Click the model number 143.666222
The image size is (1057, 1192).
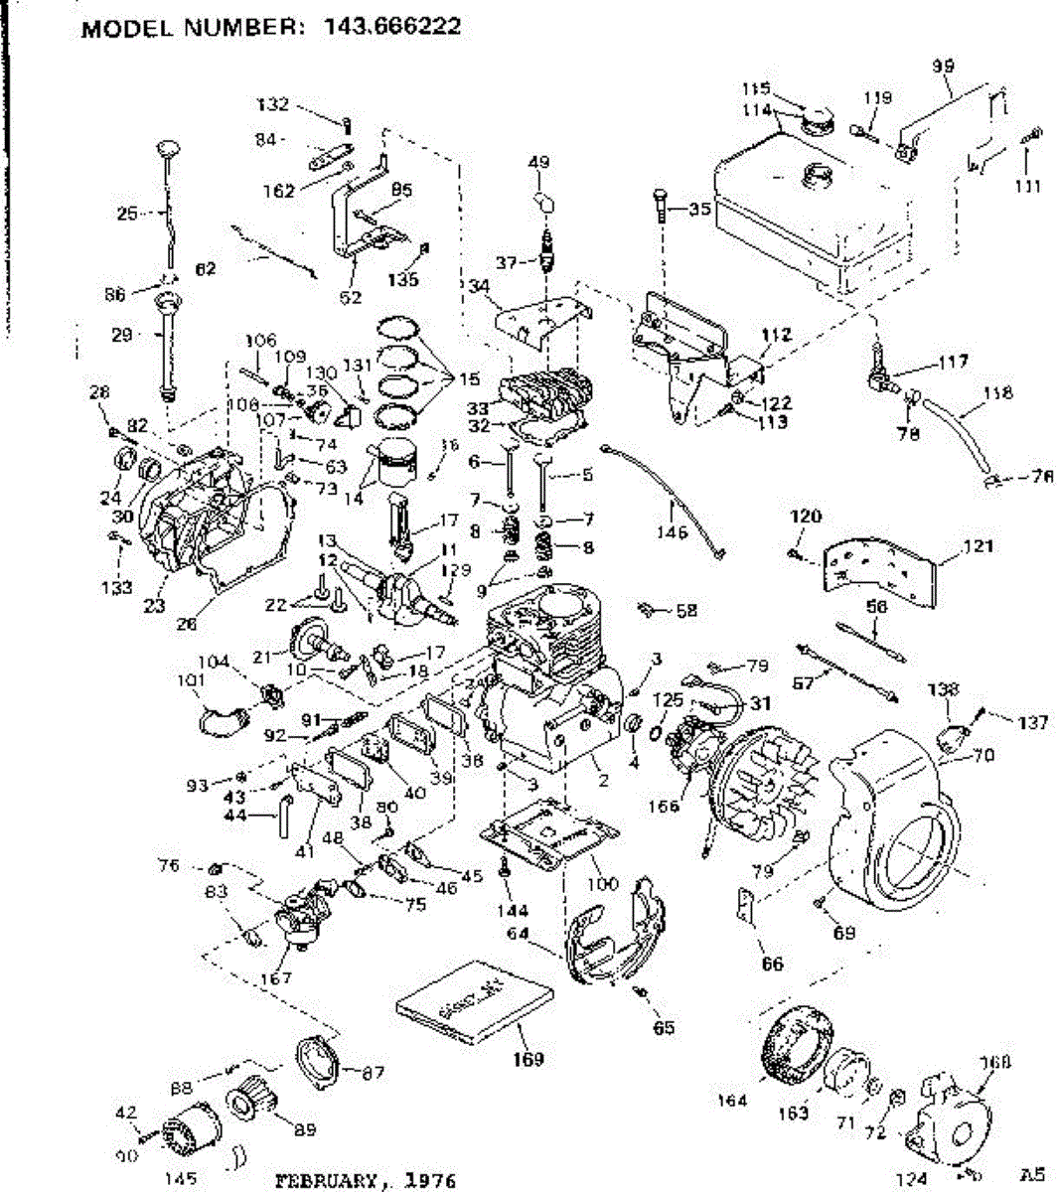(x=391, y=27)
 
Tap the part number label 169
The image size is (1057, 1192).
(x=528, y=1059)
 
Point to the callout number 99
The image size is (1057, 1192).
(x=943, y=66)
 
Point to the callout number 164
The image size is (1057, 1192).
(x=733, y=1099)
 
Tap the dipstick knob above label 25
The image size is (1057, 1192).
(x=166, y=150)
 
